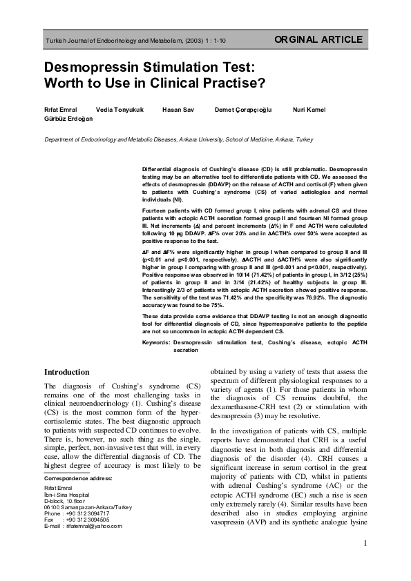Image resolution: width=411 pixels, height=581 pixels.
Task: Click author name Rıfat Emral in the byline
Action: (61, 110)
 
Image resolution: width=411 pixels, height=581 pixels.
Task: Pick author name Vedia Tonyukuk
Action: (120, 110)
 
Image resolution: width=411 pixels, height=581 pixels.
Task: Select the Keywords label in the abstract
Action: (156, 342)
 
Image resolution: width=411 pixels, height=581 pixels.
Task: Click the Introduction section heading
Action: (66, 372)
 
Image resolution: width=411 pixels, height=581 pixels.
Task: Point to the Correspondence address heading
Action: (76, 497)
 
